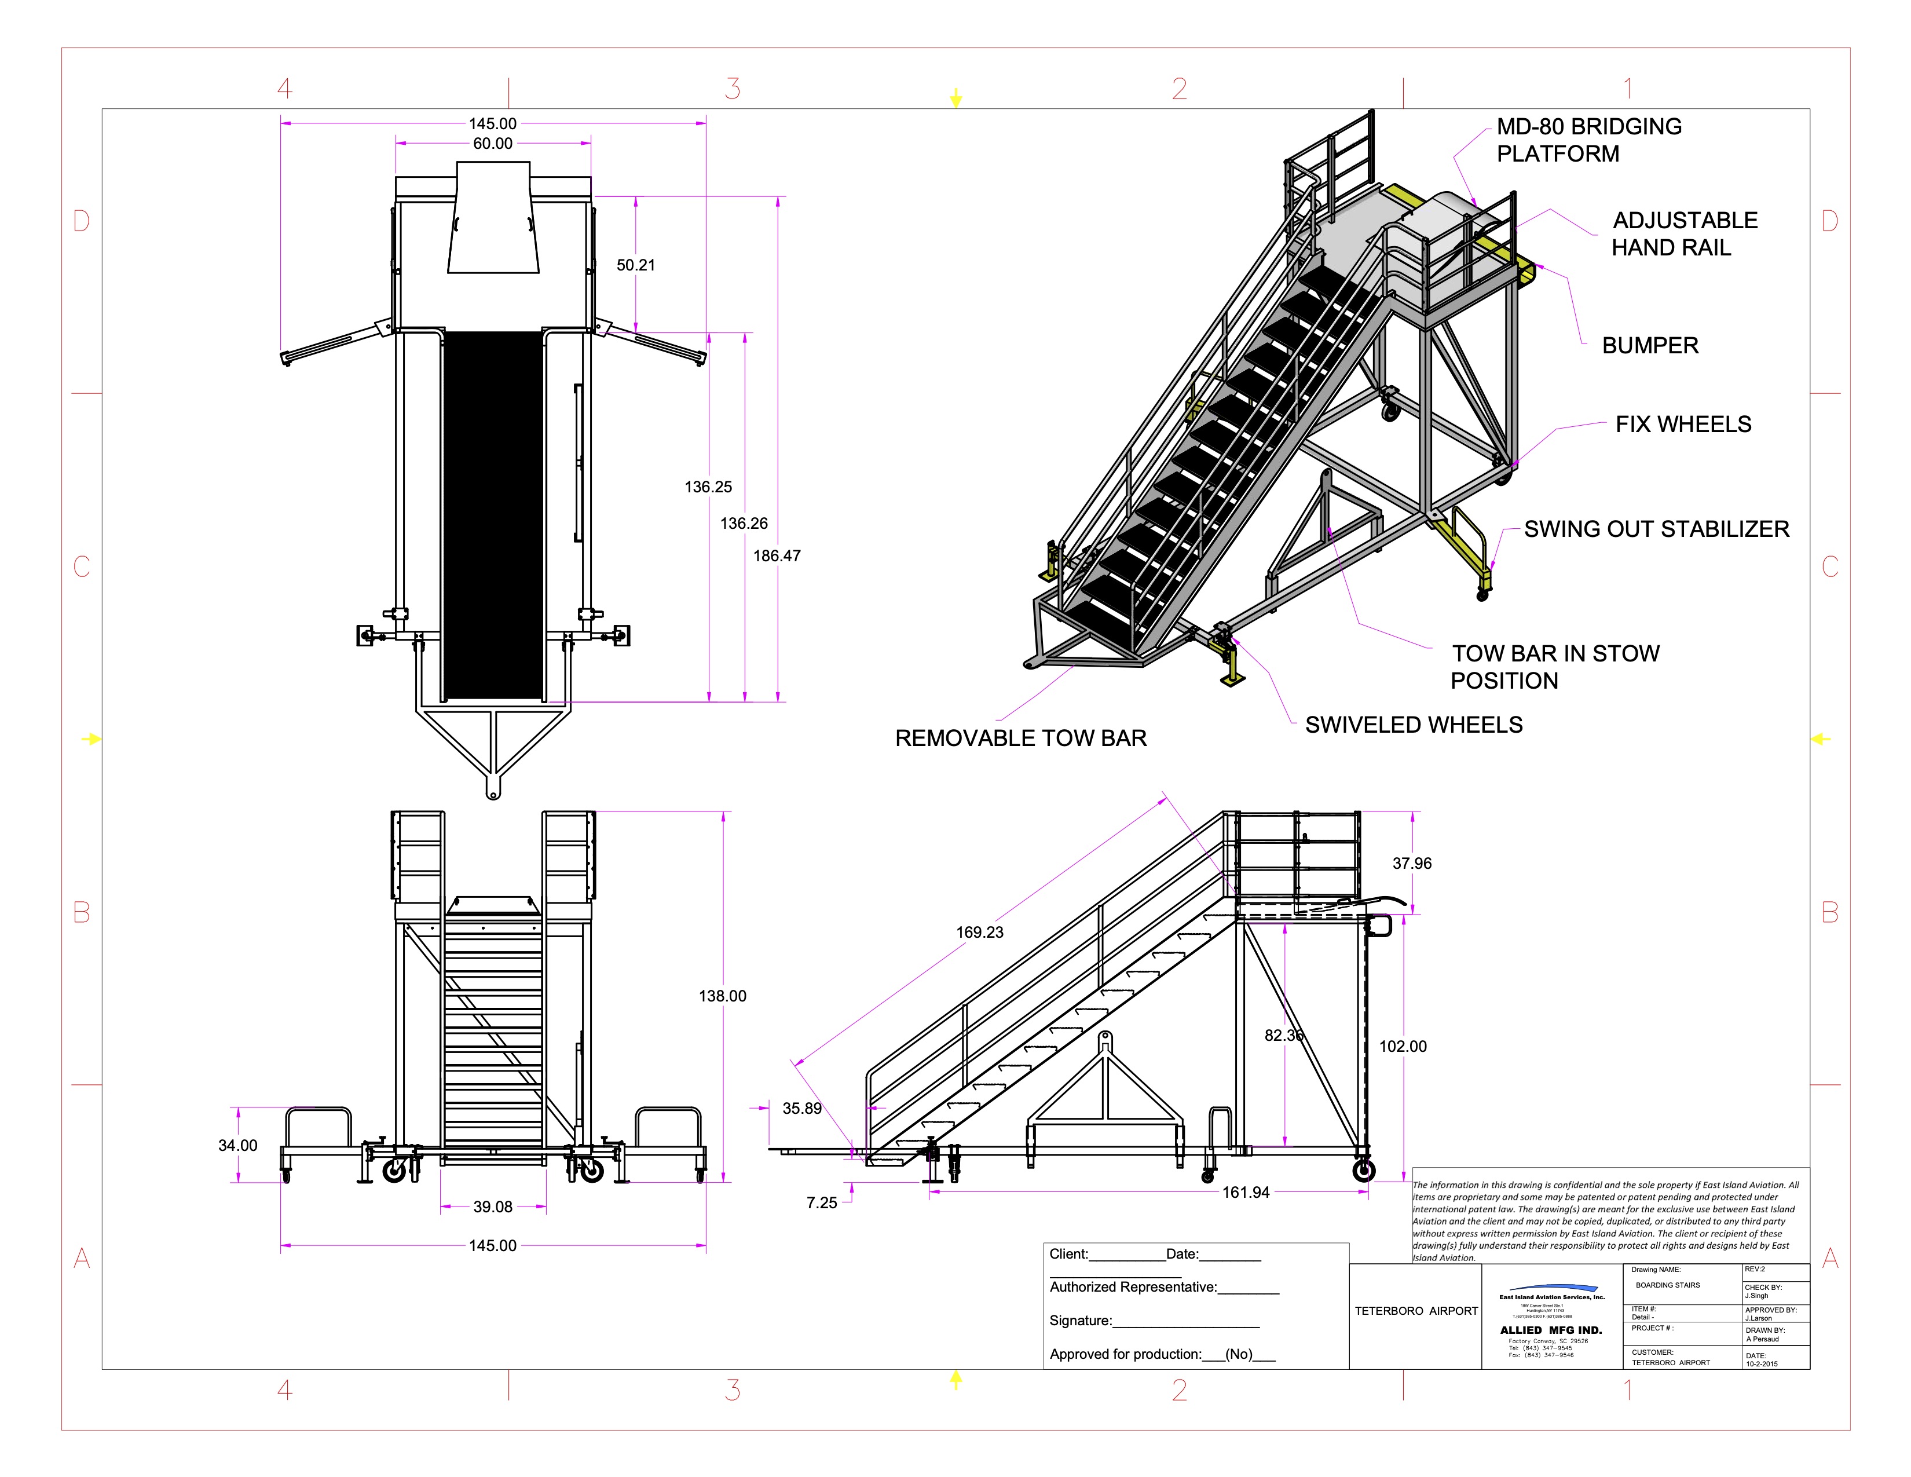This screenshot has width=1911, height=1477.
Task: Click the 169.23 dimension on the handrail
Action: [x=979, y=932]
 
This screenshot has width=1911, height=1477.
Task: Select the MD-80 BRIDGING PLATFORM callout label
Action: [x=1588, y=140]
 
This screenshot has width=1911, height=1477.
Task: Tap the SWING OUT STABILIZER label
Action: [x=1656, y=529]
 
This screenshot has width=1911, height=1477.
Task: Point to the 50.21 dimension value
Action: [x=635, y=265]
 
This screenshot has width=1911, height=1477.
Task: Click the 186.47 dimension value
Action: [x=776, y=555]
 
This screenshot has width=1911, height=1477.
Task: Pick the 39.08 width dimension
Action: [x=493, y=1207]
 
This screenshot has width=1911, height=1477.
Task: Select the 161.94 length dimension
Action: [x=1245, y=1192]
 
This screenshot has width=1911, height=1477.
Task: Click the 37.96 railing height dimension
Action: [x=1411, y=864]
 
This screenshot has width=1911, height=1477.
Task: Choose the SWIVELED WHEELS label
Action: [x=1413, y=725]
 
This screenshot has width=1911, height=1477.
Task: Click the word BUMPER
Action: [x=1649, y=346]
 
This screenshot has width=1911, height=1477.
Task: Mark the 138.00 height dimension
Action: [x=722, y=996]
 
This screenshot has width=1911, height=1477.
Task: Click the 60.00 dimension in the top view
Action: [x=493, y=144]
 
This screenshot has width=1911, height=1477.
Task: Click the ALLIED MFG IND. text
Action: [x=1550, y=1330]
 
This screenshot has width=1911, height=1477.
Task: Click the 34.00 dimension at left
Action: [x=237, y=1145]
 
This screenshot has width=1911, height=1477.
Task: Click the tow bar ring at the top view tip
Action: [x=493, y=794]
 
